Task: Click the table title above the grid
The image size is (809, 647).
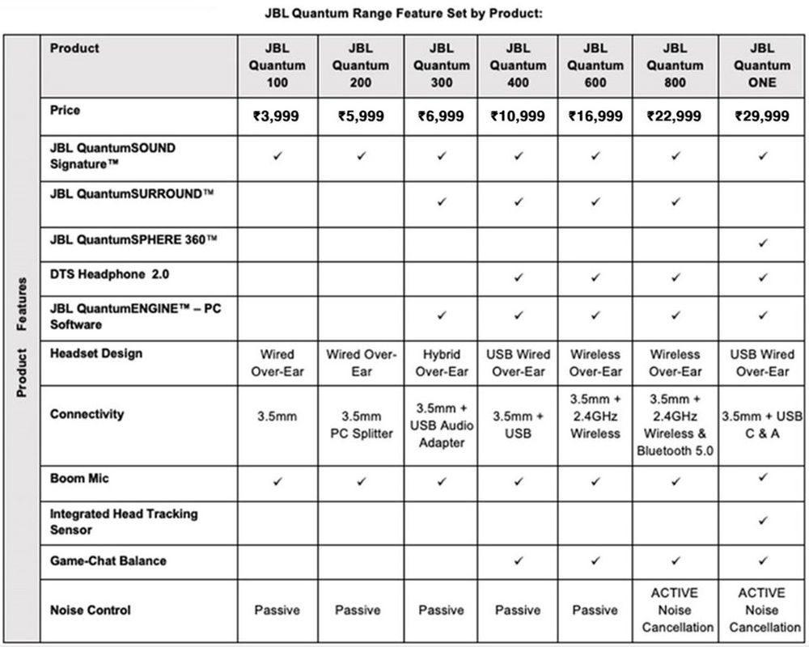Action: (x=404, y=14)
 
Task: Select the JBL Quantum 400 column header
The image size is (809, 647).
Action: (x=518, y=66)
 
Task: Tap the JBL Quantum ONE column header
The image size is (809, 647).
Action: (x=761, y=66)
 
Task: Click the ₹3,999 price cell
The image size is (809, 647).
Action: (x=276, y=116)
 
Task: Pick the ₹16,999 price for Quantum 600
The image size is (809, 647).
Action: (x=595, y=116)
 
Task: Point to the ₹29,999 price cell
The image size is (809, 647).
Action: (x=761, y=116)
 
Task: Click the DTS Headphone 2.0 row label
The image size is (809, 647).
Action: (x=110, y=275)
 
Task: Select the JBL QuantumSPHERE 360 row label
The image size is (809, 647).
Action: (x=133, y=239)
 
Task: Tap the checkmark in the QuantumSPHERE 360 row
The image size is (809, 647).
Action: (x=762, y=243)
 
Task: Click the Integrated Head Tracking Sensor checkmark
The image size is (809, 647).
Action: (x=762, y=522)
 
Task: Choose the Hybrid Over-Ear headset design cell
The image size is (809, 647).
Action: (x=441, y=363)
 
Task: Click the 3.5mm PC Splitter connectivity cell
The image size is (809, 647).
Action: (x=361, y=425)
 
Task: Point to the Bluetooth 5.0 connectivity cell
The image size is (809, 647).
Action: (x=675, y=425)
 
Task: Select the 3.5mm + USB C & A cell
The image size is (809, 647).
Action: (x=761, y=425)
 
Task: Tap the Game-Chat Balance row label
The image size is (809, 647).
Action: (x=108, y=560)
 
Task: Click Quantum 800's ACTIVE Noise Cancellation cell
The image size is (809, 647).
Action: (x=675, y=610)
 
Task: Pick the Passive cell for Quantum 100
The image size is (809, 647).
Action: (x=277, y=610)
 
